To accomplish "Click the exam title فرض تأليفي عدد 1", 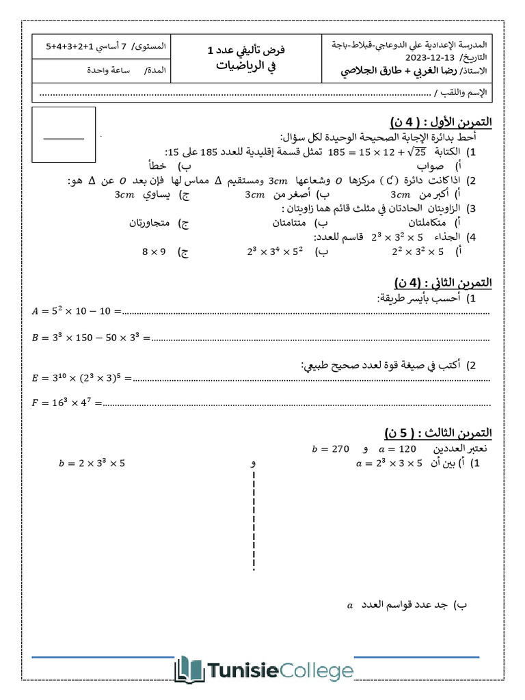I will click(246, 51).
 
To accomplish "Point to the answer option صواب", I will click(431, 165).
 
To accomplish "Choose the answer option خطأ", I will click(158, 165).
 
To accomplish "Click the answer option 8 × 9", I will click(154, 252).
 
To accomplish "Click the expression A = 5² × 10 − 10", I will click(76, 312).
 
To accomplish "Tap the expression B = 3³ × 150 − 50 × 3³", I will click(91, 337).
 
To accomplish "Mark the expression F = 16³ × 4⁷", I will click(67, 403).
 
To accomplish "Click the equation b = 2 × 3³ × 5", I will click(92, 463).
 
